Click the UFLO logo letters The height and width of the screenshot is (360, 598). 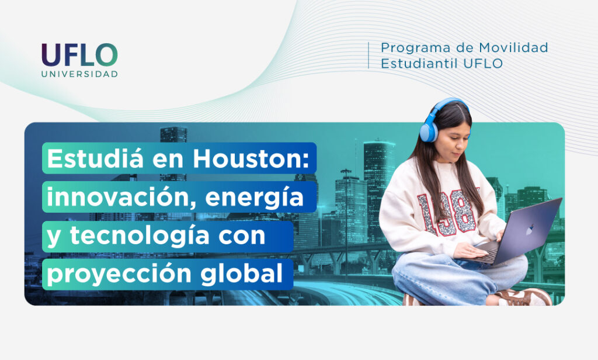point(79,54)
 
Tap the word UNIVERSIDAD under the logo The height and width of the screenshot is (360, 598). point(79,74)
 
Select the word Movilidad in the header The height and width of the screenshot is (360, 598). point(513,47)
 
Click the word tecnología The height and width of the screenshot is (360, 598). point(140,236)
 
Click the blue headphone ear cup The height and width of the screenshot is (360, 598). point(428,130)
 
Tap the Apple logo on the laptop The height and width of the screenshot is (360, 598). point(529,229)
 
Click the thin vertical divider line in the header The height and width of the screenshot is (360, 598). point(368,56)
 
